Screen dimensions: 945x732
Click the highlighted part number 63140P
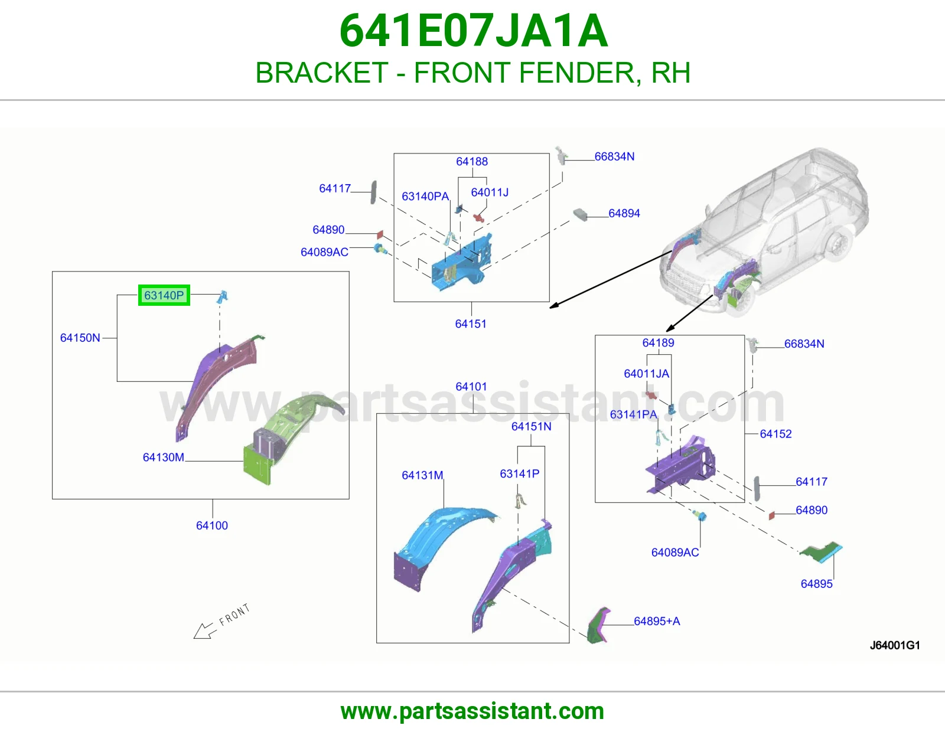164,295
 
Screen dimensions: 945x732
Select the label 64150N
80,338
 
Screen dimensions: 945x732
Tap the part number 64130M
164,457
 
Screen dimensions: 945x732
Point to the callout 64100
212,525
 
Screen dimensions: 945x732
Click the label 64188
472,162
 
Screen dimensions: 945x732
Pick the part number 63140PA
425,197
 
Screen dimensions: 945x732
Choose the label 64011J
490,192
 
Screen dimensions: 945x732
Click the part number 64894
624,214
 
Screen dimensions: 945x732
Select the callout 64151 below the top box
471,324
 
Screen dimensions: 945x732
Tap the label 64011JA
647,374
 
